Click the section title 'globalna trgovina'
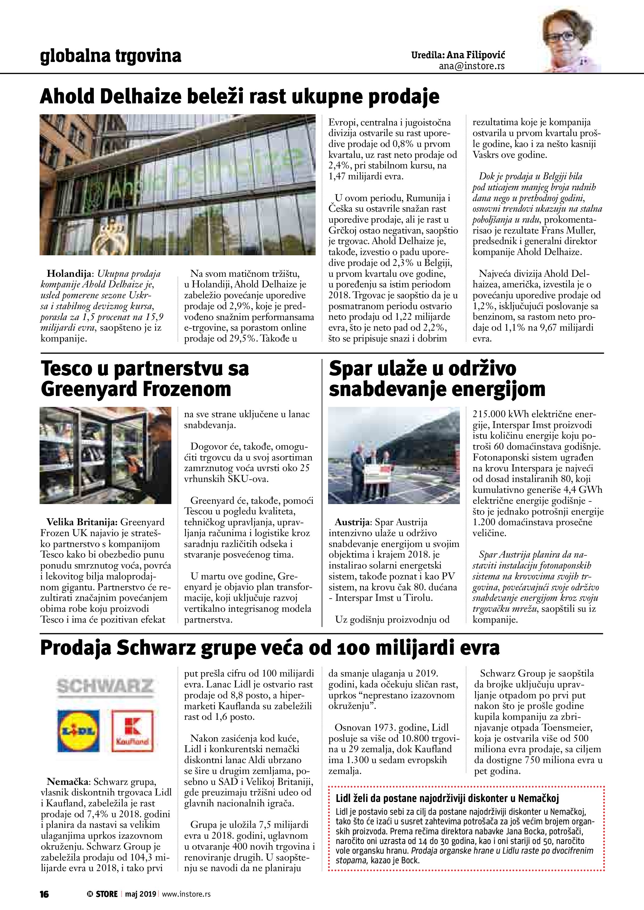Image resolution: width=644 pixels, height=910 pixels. coord(111,56)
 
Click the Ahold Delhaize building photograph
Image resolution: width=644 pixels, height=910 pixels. coord(177,185)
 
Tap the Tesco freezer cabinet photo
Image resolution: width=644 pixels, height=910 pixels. coord(106,455)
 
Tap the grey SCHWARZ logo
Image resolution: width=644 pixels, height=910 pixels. coord(105,686)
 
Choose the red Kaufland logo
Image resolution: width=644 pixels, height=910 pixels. coord(132,730)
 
